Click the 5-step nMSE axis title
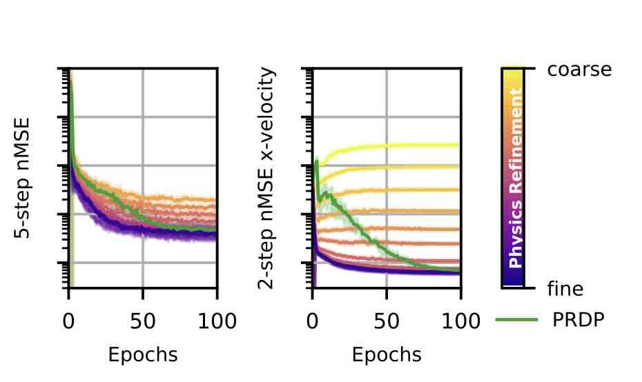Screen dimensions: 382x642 pyautogui.click(x=23, y=178)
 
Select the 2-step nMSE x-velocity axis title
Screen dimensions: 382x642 pyautogui.click(x=266, y=178)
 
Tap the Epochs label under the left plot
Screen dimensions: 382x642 pyautogui.click(x=143, y=355)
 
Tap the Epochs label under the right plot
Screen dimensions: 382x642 pyautogui.click(x=387, y=355)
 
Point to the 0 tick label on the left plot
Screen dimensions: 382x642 pyautogui.click(x=68, y=321)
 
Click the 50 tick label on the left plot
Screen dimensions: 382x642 pyautogui.click(x=143, y=321)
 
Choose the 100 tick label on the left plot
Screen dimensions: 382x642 pyautogui.click(x=217, y=321)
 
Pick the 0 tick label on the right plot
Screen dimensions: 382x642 pyautogui.click(x=312, y=321)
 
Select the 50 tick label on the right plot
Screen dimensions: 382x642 pyautogui.click(x=387, y=321)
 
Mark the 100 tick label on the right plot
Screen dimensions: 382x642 pyautogui.click(x=460, y=321)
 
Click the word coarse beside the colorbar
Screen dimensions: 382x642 pyautogui.click(x=579, y=70)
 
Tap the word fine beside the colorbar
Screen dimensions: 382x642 pyautogui.click(x=565, y=288)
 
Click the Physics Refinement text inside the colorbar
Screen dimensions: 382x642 pyautogui.click(x=515, y=178)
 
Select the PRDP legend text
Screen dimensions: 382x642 pyautogui.click(x=578, y=320)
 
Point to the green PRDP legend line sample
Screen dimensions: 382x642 pyautogui.click(x=516, y=320)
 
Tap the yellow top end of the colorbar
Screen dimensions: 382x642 pyautogui.click(x=513, y=73)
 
